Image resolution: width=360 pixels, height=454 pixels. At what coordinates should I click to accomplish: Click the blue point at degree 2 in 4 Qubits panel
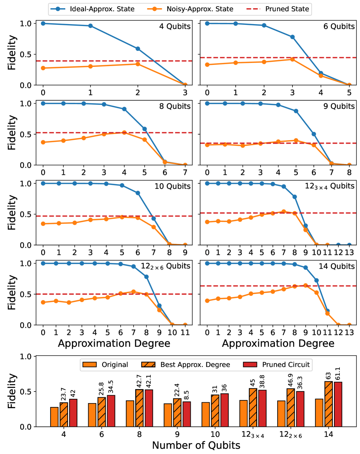pos(138,49)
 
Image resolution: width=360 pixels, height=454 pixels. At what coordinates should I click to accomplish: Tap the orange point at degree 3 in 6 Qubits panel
pos(292,59)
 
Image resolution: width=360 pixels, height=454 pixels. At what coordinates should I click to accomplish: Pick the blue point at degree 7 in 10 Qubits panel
pos(153,218)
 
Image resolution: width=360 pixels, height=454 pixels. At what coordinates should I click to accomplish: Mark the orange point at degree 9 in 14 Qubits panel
pos(305,285)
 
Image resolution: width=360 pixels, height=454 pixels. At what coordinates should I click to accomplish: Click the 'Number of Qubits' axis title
pos(196,445)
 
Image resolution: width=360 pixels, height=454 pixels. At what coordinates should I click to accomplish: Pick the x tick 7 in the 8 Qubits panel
pos(185,172)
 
